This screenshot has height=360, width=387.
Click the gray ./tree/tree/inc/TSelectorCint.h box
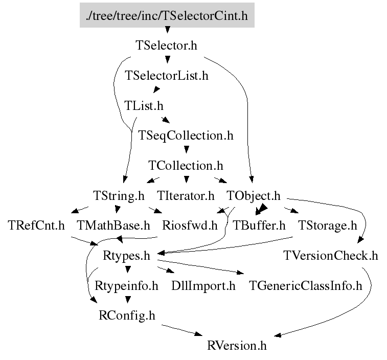167,15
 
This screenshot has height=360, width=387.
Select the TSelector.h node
167,46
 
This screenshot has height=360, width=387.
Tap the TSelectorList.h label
167,76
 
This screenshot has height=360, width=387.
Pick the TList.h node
144,106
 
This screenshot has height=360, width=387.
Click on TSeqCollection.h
186,136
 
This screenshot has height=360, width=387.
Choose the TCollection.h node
186,166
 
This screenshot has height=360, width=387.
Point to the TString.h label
119,196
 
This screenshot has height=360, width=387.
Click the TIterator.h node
186,196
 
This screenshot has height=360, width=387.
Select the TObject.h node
254,196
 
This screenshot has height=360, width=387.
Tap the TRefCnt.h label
36,226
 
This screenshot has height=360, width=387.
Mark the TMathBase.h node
113,226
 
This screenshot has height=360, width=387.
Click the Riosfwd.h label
189,226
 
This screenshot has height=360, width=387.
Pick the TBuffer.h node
259,226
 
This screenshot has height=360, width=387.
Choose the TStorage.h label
327,226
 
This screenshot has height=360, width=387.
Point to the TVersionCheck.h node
330,256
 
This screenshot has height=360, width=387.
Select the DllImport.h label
203,285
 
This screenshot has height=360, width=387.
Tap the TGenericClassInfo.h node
306,285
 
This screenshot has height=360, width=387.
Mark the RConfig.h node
126,316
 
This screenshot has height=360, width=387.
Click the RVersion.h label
237,346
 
